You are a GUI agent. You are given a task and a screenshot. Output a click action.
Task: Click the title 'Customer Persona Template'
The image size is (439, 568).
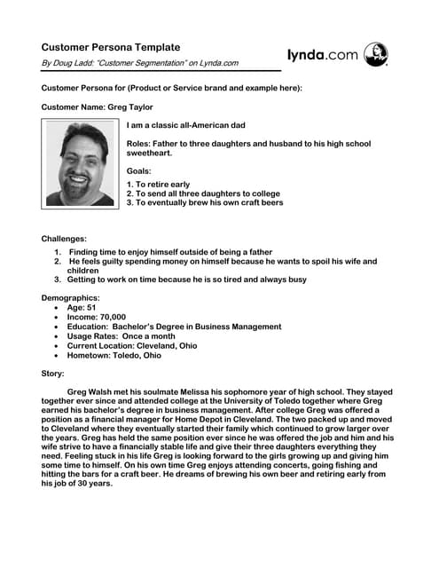[x=111, y=47]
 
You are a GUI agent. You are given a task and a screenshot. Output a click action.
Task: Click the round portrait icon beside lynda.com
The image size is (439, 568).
[x=376, y=54]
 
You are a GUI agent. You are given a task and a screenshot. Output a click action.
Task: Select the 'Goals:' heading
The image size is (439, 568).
[x=139, y=170]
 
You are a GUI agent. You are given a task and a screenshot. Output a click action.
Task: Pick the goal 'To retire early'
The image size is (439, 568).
[x=162, y=185]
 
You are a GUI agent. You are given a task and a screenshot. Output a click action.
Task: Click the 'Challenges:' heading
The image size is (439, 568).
[x=65, y=239]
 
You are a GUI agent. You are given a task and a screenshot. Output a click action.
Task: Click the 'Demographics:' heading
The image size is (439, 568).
[x=71, y=298]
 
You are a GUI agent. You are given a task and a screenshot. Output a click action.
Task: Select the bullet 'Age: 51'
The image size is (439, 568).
[x=85, y=307]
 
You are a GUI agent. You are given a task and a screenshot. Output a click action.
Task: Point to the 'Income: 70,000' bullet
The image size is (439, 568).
[x=97, y=317]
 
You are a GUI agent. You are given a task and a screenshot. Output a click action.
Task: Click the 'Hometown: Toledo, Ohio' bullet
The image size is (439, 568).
[x=114, y=355]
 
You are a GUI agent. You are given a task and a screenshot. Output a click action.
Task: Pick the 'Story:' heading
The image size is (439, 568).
[x=53, y=374]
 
